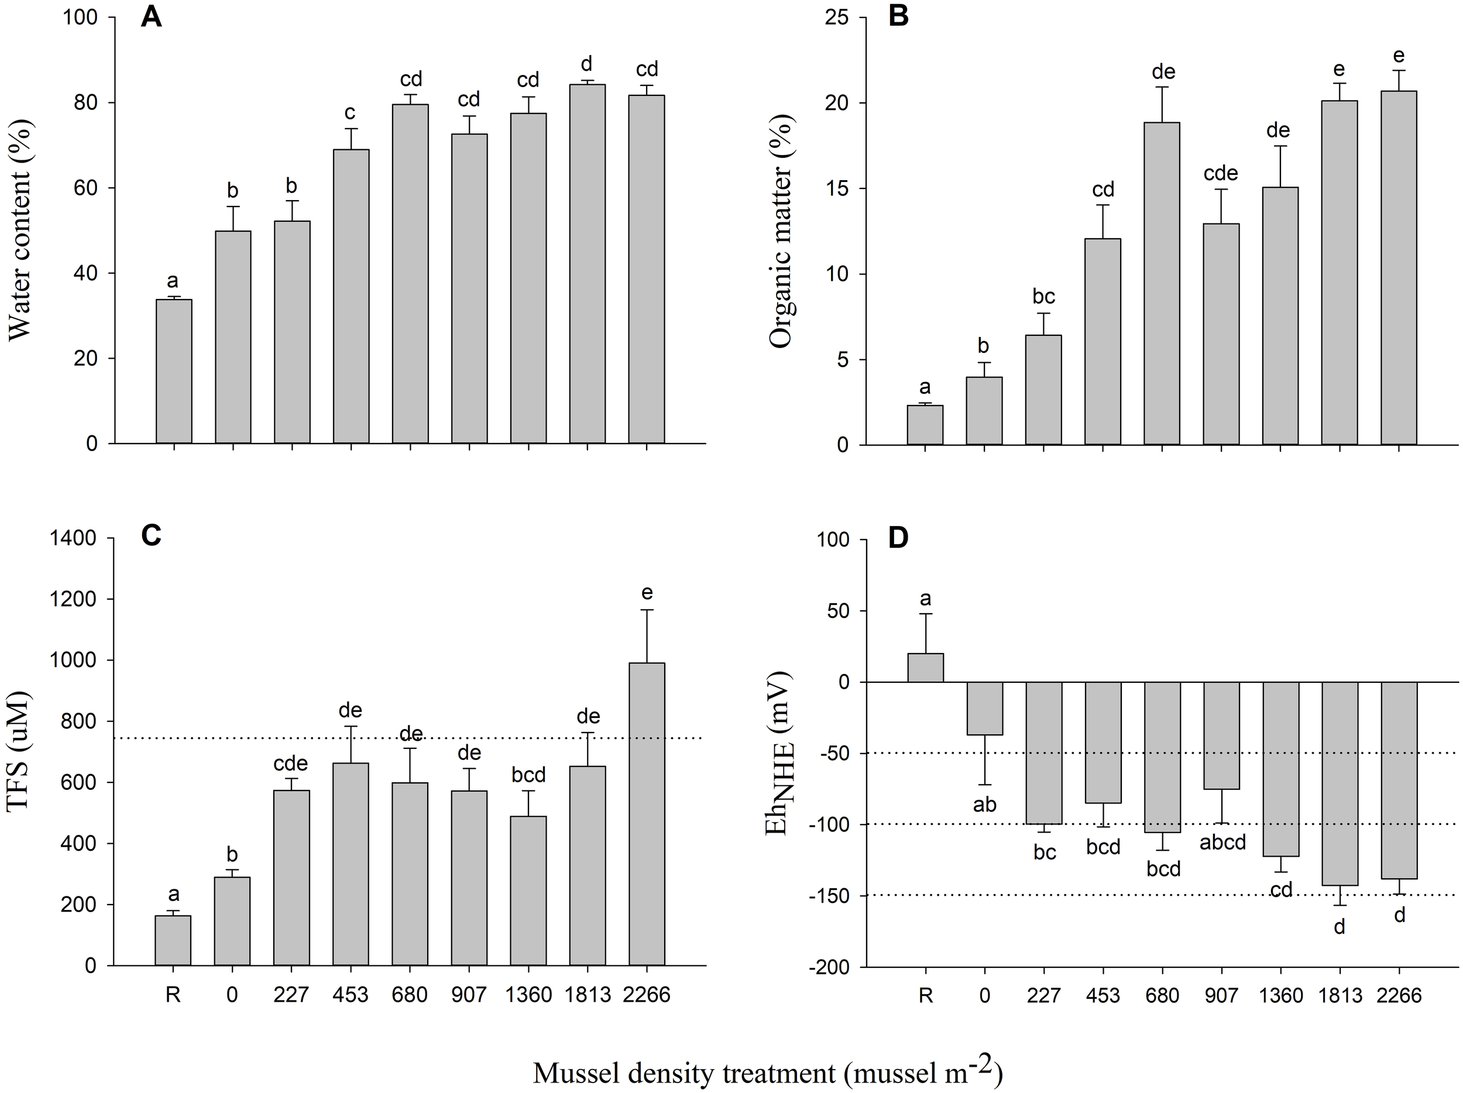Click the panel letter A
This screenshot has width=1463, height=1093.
pos(151,16)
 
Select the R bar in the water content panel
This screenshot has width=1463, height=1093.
pos(174,371)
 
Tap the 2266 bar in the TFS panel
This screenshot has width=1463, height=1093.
pos(646,813)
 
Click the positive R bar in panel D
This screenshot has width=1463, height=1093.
pos(925,668)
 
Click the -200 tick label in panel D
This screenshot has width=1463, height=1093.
pos(827,967)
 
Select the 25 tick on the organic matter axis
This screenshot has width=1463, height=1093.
pos(837,18)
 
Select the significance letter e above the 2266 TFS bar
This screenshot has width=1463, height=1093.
pos(646,593)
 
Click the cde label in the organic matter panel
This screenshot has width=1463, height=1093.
pos(1220,173)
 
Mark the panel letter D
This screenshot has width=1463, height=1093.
pos(898,538)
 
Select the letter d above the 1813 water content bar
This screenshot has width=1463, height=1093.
pos(586,64)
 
